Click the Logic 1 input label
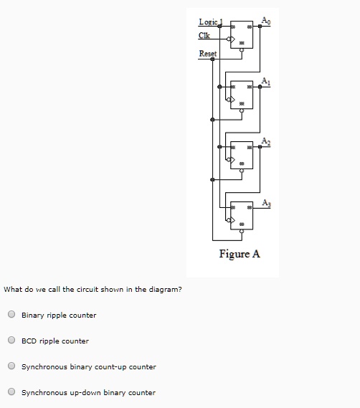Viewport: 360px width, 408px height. (x=210, y=22)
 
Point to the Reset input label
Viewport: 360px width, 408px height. (x=208, y=54)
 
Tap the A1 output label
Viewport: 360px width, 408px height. (x=267, y=80)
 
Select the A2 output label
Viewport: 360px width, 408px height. (x=267, y=140)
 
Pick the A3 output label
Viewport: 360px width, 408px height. (x=267, y=201)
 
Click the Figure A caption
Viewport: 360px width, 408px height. (x=240, y=254)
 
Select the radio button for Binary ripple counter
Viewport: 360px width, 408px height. (x=11, y=315)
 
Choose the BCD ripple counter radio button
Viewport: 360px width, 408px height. (x=11, y=341)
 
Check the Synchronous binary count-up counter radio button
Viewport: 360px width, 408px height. (x=11, y=366)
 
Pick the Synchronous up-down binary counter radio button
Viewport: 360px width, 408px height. (x=11, y=392)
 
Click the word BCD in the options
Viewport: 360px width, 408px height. (x=29, y=341)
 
